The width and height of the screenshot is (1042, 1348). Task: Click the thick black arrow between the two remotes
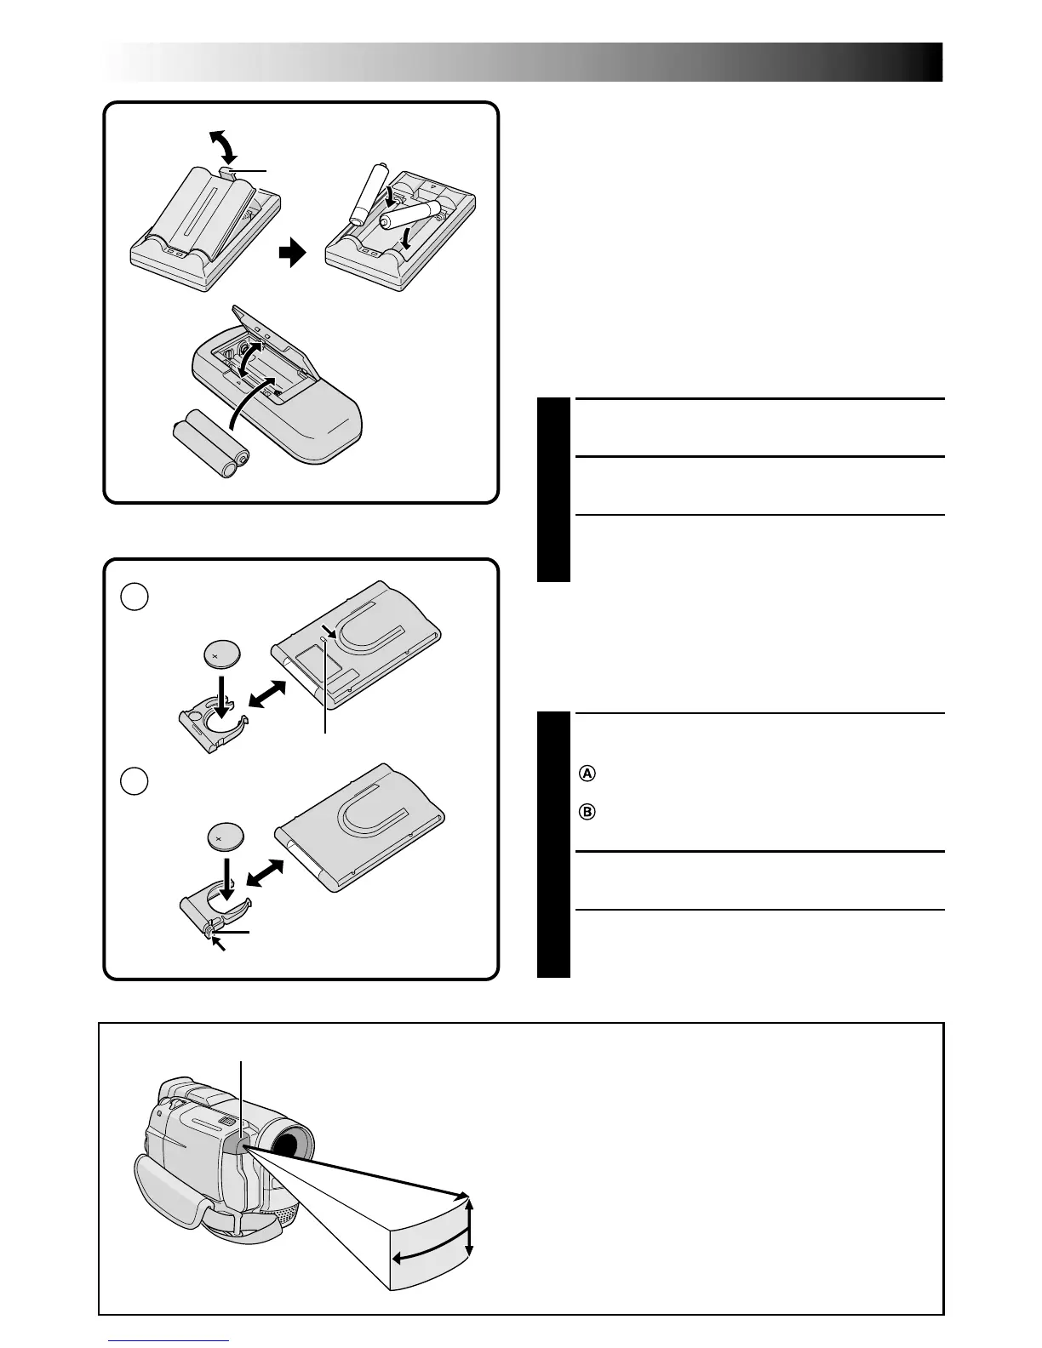click(292, 254)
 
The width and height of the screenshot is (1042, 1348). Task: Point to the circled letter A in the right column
click(586, 774)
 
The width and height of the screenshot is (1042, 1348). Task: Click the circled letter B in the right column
click(586, 811)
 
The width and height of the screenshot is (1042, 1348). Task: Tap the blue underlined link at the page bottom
click(168, 1342)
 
